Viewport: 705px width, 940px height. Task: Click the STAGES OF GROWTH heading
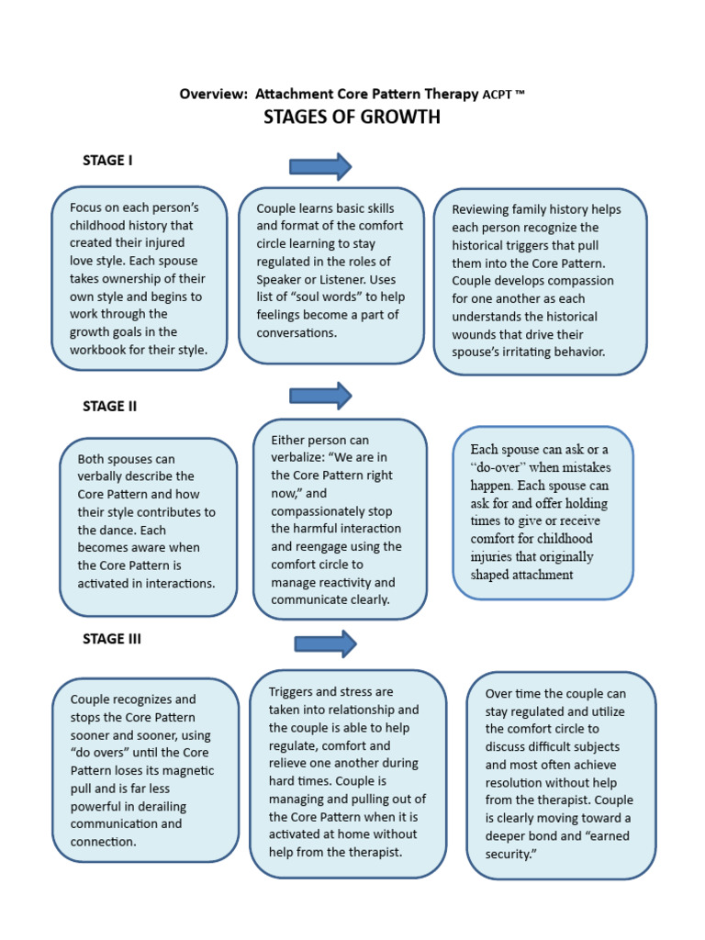(352, 117)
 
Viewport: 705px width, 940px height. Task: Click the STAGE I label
(107, 161)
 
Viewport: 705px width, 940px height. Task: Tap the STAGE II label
(109, 406)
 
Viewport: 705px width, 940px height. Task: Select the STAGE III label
(112, 639)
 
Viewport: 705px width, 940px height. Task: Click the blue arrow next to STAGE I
(320, 166)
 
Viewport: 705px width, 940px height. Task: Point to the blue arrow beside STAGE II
(320, 396)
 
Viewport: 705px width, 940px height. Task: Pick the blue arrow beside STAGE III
(325, 643)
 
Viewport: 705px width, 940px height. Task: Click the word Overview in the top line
(212, 94)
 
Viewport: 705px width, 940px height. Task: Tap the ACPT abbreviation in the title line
(497, 95)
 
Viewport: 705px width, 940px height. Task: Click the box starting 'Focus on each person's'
(139, 278)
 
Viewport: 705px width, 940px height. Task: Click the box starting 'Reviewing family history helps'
(540, 281)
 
